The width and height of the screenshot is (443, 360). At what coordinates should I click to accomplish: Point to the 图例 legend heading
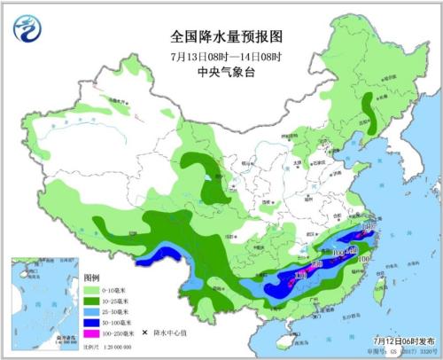[90, 278]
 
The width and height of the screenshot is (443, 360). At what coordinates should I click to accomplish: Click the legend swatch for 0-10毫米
[91, 289]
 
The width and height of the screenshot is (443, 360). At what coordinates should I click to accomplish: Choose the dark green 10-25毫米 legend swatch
[91, 301]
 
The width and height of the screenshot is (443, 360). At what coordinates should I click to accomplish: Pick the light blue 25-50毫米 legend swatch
[91, 312]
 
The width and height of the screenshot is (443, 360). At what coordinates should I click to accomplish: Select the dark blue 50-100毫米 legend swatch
[91, 324]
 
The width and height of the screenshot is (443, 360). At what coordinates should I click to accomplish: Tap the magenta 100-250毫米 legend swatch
[91, 335]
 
